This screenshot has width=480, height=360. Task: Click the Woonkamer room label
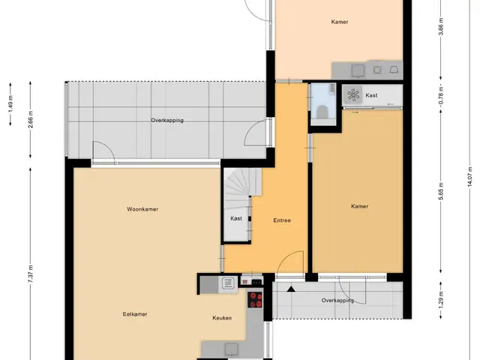pos(142,209)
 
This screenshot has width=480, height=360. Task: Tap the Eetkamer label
pos(135,314)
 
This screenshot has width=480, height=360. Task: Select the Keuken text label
pos(222,318)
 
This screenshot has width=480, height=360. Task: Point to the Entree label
pos(282,220)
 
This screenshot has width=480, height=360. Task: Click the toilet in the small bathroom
pos(322,112)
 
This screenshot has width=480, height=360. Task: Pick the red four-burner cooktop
pos(255,300)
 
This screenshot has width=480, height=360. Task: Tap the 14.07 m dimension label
pos(470,178)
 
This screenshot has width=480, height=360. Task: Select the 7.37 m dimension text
pos(31,274)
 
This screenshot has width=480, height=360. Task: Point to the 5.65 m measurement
pos(441,191)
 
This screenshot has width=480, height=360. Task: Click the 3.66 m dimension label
pos(441,27)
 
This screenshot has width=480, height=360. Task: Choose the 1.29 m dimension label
pos(441,301)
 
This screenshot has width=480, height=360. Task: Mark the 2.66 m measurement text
pos(31,119)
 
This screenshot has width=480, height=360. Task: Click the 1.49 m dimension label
pos(10,104)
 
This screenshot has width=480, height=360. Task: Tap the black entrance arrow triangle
pos(291,289)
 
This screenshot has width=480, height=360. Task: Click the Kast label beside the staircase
pos(236,218)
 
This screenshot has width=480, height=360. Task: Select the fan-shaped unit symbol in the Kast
pos(353,94)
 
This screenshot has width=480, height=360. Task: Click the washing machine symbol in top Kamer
pos(377,70)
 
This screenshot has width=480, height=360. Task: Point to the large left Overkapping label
pos(167,120)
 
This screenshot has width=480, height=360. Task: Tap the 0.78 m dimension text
pos(441,95)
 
